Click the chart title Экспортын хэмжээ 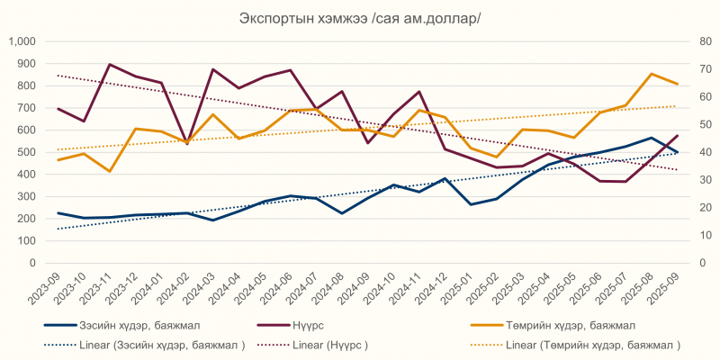click(x=360, y=19)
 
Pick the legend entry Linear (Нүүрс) click(x=332, y=345)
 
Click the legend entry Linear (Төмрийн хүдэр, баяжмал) click(x=593, y=345)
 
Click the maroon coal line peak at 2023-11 click(x=110, y=65)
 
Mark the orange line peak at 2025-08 click(x=652, y=74)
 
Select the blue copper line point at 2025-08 click(x=652, y=138)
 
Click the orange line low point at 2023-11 click(x=110, y=171)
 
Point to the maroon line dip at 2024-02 click(x=187, y=143)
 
